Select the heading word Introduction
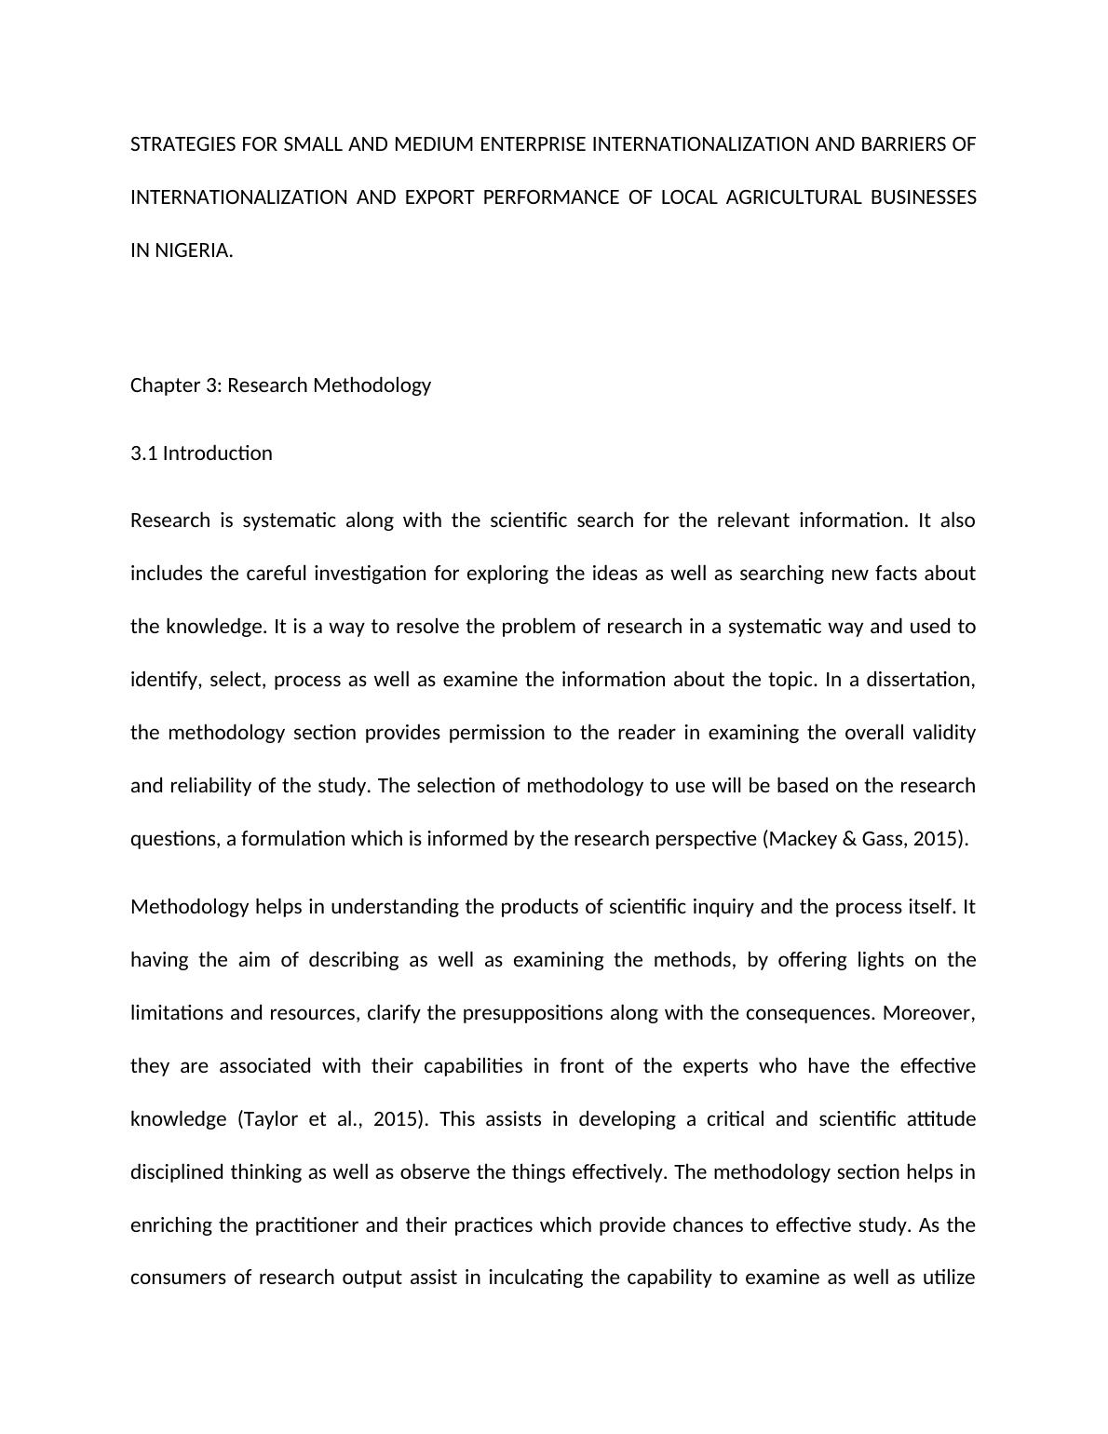(x=218, y=453)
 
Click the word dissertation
(x=920, y=680)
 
